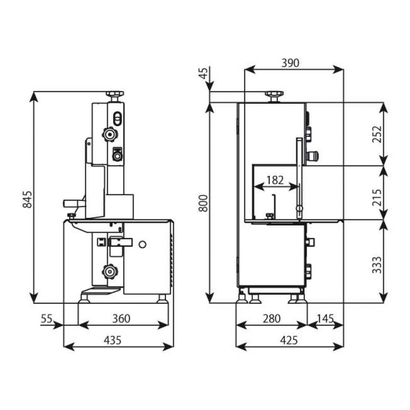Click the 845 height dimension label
(x=27, y=199)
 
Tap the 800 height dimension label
(x=203, y=203)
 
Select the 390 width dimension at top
(x=290, y=63)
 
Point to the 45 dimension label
(x=203, y=73)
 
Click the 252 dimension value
(x=377, y=134)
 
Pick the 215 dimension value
(x=377, y=198)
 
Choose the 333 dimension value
(x=377, y=265)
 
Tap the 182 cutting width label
(x=275, y=180)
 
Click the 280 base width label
(x=272, y=319)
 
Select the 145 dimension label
(x=325, y=318)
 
